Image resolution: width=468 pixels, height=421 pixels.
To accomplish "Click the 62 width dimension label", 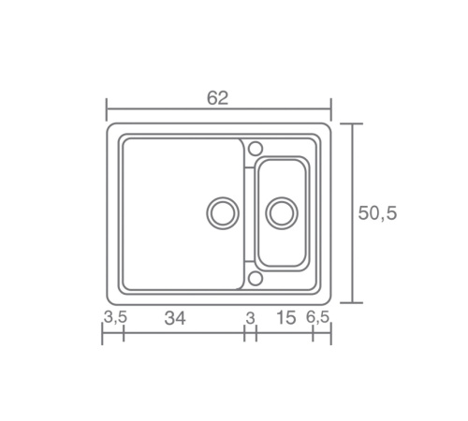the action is coord(218,98).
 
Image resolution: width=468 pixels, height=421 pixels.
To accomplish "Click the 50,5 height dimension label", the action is coord(377,213).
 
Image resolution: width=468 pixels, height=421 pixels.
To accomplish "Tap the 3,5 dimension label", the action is coord(115,317).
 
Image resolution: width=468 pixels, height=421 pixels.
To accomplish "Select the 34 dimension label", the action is coord(175,319).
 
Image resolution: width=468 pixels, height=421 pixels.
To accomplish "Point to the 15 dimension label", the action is coord(285,318).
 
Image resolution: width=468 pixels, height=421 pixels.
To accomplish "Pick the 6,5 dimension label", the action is coord(317,317).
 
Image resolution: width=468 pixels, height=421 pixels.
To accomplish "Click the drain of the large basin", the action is coord(223,213).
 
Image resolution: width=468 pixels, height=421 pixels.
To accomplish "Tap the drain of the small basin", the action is coord(282,213).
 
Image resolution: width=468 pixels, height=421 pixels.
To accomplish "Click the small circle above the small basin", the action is coord(256,149).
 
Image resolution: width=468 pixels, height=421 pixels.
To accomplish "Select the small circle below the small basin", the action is coord(256,279).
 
